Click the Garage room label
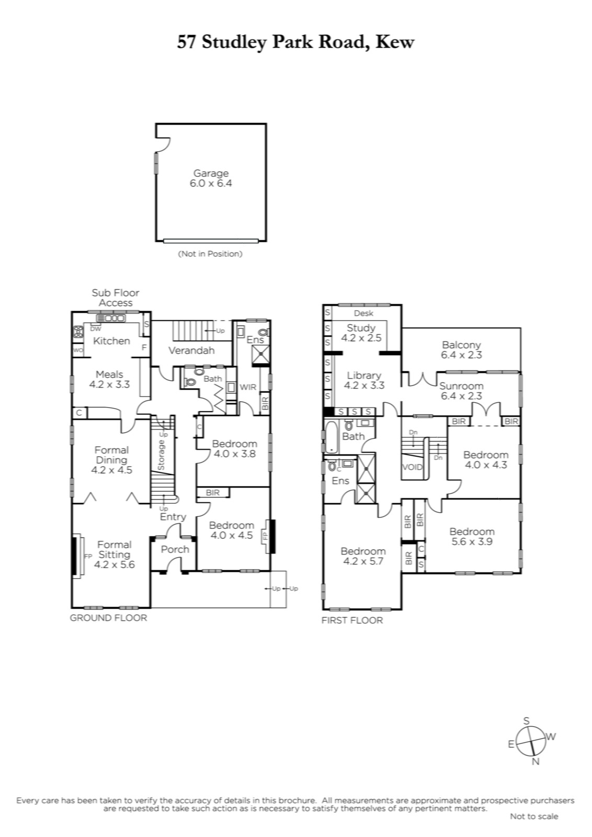pyautogui.click(x=211, y=173)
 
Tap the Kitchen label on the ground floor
pyautogui.click(x=111, y=341)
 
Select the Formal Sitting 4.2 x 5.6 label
pyautogui.click(x=115, y=555)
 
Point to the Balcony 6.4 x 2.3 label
pyautogui.click(x=461, y=350)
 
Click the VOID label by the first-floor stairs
pyautogui.click(x=413, y=467)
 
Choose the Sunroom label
pyautogui.click(x=461, y=386)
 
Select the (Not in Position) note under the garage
pyautogui.click(x=211, y=254)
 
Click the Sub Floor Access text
pyautogui.click(x=116, y=298)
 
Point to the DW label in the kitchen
pyautogui.click(x=96, y=329)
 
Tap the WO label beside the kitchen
pyautogui.click(x=78, y=350)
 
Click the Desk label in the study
pyautogui.click(x=363, y=313)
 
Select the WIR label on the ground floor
pyautogui.click(x=248, y=387)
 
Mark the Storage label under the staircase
pyautogui.click(x=161, y=455)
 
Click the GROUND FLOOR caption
pyautogui.click(x=108, y=618)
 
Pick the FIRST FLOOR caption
pyautogui.click(x=352, y=620)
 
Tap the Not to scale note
pyautogui.click(x=534, y=817)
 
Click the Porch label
pyautogui.click(x=175, y=549)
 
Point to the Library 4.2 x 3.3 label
pyautogui.click(x=364, y=380)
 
